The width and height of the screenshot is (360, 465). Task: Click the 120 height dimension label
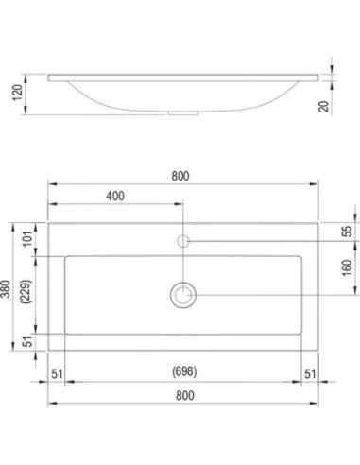(x=18, y=93)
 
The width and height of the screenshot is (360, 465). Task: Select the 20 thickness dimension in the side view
(x=323, y=106)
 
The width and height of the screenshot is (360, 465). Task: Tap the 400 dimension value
(x=115, y=196)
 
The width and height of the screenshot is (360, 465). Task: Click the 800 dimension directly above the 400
(x=180, y=176)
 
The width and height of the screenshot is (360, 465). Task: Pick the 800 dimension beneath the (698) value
(x=185, y=395)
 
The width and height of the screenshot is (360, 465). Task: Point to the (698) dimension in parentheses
(x=184, y=371)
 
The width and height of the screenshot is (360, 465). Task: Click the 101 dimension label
(x=27, y=238)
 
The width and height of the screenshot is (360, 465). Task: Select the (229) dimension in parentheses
(x=26, y=291)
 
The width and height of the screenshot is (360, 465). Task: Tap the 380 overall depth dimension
(x=6, y=288)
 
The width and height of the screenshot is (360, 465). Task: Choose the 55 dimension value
(x=347, y=232)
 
